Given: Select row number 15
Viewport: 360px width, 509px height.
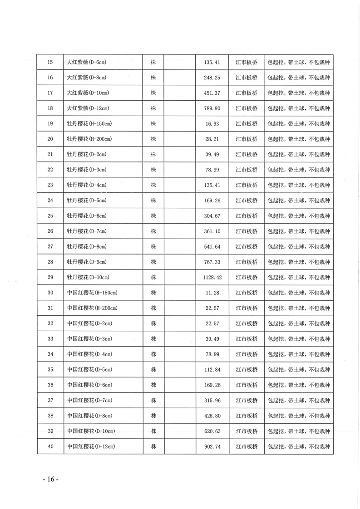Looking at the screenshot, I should [50, 62].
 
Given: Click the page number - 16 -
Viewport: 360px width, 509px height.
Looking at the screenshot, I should [50, 480].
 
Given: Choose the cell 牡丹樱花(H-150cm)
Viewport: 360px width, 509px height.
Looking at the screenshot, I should [89, 123].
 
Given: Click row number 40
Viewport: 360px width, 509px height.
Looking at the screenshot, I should [50, 446].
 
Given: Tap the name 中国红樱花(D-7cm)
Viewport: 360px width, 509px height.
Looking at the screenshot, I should [89, 400].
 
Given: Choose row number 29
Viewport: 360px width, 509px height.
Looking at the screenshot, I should [50, 277].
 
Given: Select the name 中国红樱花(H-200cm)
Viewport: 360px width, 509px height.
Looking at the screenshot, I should [92, 308].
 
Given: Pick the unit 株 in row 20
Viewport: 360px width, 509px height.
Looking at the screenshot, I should [153, 139].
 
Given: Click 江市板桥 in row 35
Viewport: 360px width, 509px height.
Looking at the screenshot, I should [247, 370].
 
